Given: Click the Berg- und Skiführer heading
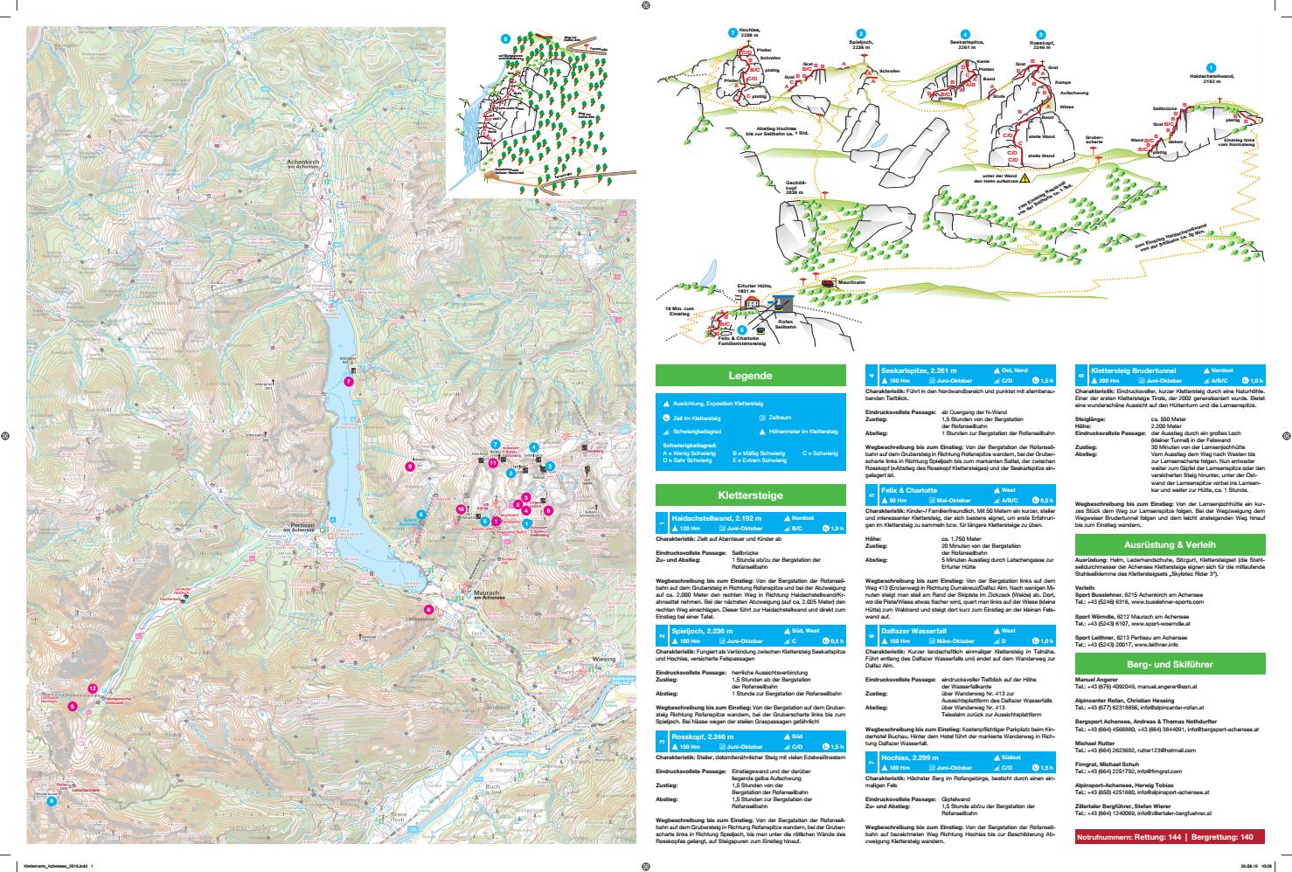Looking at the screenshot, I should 1157,664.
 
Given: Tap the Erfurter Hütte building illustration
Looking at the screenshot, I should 753,299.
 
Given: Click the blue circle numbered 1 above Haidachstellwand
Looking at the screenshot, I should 1210,68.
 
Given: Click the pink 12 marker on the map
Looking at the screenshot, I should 93,689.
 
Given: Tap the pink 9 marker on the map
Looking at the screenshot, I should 410,467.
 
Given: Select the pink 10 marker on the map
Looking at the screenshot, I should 461,509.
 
